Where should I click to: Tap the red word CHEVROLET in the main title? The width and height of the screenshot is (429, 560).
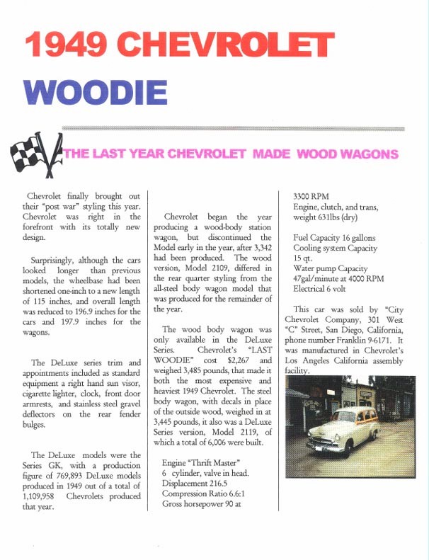pos(216,45)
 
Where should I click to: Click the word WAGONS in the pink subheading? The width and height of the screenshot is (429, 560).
pos(364,154)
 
